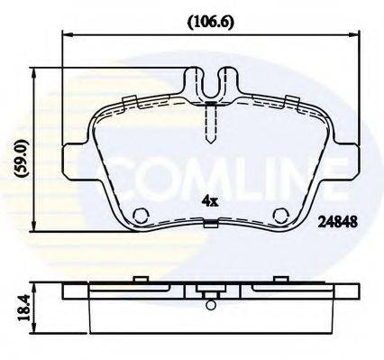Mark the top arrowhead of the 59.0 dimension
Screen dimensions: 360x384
(35, 71)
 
